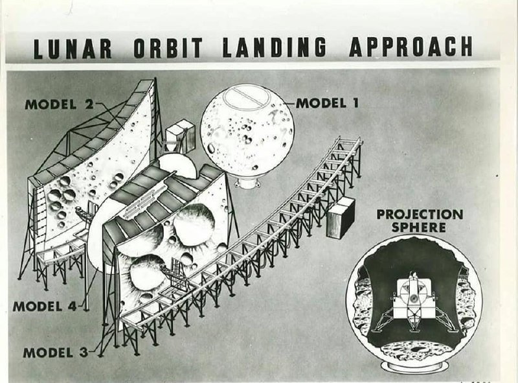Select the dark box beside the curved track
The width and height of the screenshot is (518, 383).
(341, 218)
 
